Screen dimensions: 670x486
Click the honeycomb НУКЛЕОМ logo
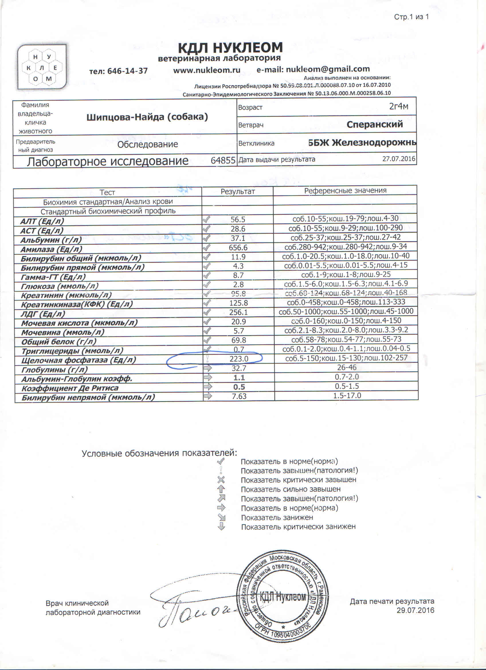coord(42,67)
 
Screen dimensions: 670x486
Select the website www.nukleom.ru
coord(207,70)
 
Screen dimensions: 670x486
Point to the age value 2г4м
coord(398,106)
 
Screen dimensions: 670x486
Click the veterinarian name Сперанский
coord(375,124)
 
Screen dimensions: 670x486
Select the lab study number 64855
coord(223,160)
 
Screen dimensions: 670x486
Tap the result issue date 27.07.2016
coord(399,159)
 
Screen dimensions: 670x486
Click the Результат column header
coord(238,191)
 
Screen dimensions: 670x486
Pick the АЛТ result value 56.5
coord(238,219)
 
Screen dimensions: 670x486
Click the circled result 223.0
coord(239,359)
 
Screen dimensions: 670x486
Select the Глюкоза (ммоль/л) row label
coord(60,286)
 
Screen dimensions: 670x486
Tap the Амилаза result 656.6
coord(238,248)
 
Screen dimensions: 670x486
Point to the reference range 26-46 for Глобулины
coord(346,367)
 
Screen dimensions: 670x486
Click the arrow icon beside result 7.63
coord(208,396)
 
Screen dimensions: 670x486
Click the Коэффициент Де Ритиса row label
coord(70,388)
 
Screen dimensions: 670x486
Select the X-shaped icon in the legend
coord(221,480)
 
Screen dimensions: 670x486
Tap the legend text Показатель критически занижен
coord(298,527)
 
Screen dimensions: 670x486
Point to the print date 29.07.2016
coord(415,610)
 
